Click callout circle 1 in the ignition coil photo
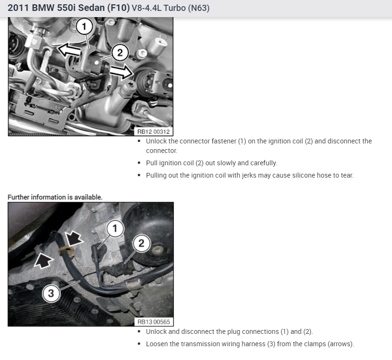click(x=84, y=26)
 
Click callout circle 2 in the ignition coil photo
click(x=120, y=53)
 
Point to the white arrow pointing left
click(x=69, y=50)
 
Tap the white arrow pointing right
click(x=121, y=71)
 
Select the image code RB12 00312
click(x=153, y=132)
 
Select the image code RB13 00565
click(x=153, y=322)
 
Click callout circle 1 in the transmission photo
click(x=115, y=228)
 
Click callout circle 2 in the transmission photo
click(x=141, y=243)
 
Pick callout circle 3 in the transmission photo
click(x=51, y=294)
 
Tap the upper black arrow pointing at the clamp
click(x=74, y=237)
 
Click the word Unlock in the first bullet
click(x=156, y=141)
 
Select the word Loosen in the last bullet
click(x=157, y=344)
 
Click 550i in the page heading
click(x=66, y=8)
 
